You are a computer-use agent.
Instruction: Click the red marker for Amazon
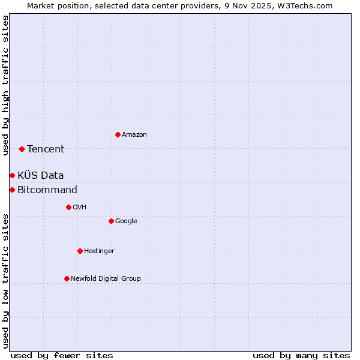click(x=118, y=134)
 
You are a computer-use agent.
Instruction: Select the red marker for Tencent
click(x=22, y=149)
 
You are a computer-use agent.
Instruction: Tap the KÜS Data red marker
click(x=12, y=175)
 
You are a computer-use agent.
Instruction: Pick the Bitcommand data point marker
click(x=12, y=190)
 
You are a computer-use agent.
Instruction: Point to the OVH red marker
click(x=68, y=207)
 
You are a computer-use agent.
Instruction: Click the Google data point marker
click(x=111, y=221)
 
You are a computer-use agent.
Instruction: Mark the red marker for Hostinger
click(x=80, y=251)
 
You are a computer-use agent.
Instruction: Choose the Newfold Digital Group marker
click(x=67, y=278)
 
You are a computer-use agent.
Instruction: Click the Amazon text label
click(x=134, y=135)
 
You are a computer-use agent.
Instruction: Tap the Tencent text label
click(x=46, y=149)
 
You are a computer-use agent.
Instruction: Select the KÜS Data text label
click(x=41, y=175)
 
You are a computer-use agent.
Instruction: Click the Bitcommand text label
click(x=47, y=190)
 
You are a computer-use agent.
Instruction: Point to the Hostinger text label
click(x=99, y=251)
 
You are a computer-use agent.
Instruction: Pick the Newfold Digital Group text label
click(x=106, y=278)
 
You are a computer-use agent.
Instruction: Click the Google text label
click(x=126, y=221)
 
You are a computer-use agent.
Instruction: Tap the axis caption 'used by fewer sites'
click(x=62, y=355)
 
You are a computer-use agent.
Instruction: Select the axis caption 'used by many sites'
click(x=301, y=355)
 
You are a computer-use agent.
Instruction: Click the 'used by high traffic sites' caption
click(x=5, y=85)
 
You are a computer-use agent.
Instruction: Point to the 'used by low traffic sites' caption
click(x=5, y=281)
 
